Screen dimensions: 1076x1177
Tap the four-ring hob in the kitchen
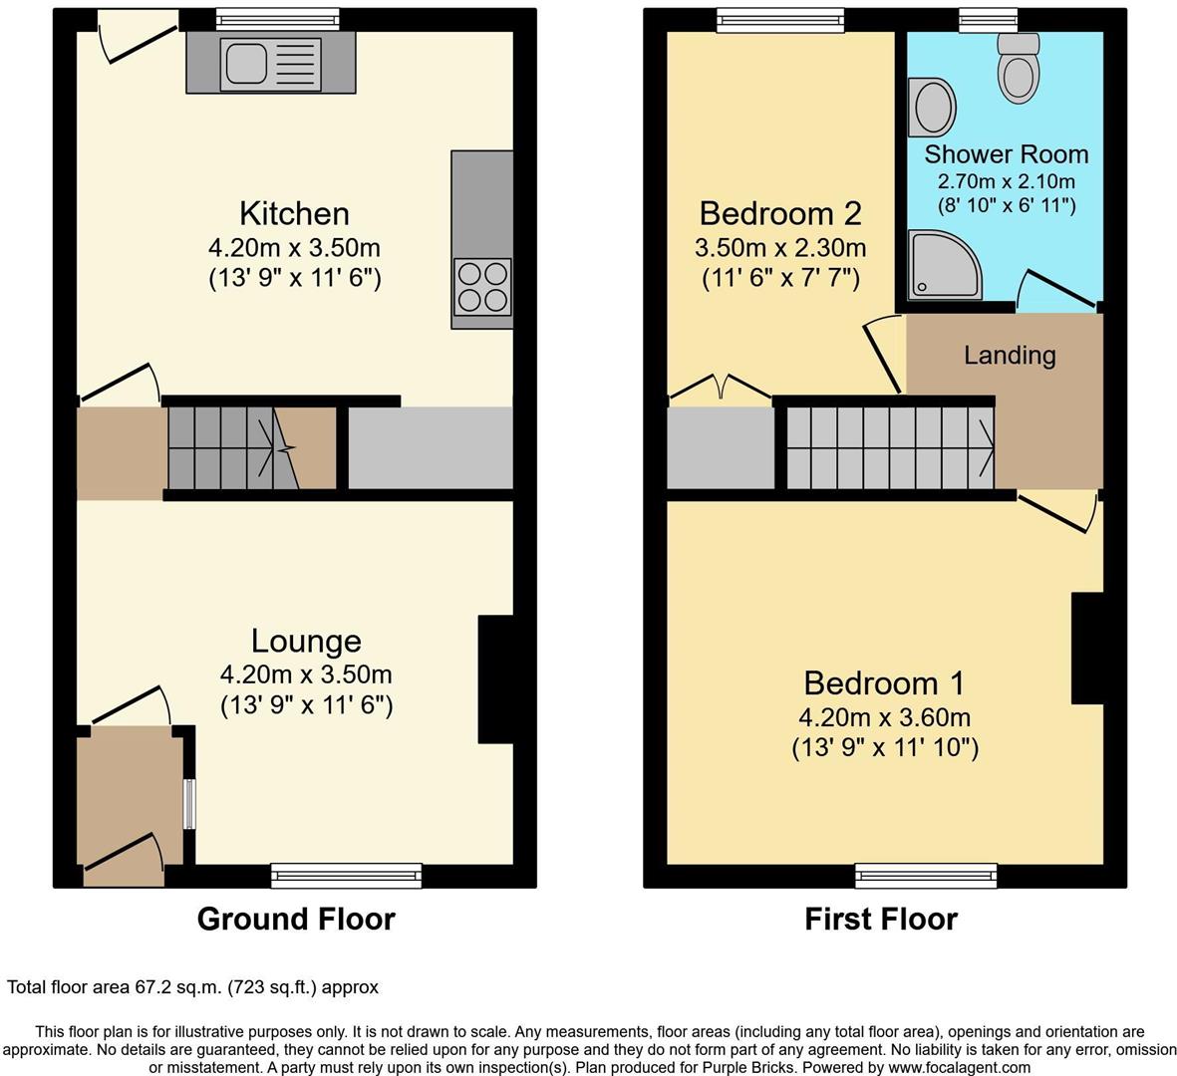pos(482,286)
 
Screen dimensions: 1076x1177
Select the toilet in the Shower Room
pos(1019,71)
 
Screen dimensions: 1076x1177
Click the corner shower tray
pos(942,265)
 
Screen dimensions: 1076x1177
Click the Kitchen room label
pos(294,213)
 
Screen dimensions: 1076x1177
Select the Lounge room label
pos(306,641)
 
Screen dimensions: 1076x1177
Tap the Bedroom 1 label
pos(884,683)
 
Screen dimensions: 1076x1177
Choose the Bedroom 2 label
pos(779,213)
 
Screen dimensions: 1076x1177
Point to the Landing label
pos(1009,355)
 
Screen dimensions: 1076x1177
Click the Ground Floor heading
pos(296,919)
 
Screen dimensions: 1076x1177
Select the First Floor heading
pos(881,919)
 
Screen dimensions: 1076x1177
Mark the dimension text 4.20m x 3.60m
pos(884,717)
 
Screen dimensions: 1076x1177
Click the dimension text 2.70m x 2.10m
pos(1006,181)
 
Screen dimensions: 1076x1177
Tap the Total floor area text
pos(193,987)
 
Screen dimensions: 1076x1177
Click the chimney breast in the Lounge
pos(495,679)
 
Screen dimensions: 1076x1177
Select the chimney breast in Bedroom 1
pos(1087,649)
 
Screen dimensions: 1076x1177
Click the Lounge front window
pos(347,876)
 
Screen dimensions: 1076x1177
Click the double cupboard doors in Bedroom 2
pos(721,389)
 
